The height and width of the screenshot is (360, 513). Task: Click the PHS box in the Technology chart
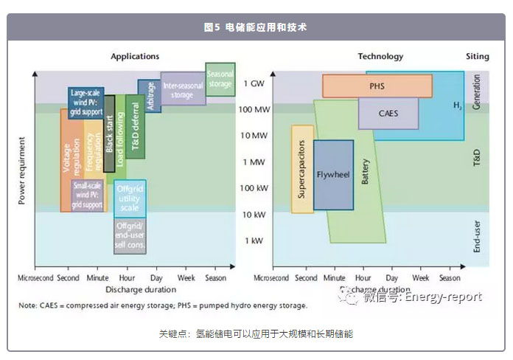click(377, 86)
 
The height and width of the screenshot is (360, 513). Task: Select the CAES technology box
click(388, 114)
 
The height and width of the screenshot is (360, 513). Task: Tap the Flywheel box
click(332, 175)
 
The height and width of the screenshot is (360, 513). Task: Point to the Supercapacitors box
click(302, 169)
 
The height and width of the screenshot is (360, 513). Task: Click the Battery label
click(365, 171)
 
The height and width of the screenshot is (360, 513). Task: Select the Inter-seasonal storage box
click(182, 90)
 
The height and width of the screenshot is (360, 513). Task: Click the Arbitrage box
click(150, 97)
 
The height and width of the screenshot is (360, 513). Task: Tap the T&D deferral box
click(135, 127)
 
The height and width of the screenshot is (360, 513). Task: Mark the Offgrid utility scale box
click(129, 198)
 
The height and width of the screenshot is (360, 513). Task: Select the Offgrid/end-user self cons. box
click(129, 236)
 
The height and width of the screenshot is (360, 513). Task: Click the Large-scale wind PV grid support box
click(85, 103)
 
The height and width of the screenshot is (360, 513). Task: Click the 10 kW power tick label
click(253, 214)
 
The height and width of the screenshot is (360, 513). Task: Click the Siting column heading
click(477, 57)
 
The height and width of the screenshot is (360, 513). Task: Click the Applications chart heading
click(135, 57)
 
